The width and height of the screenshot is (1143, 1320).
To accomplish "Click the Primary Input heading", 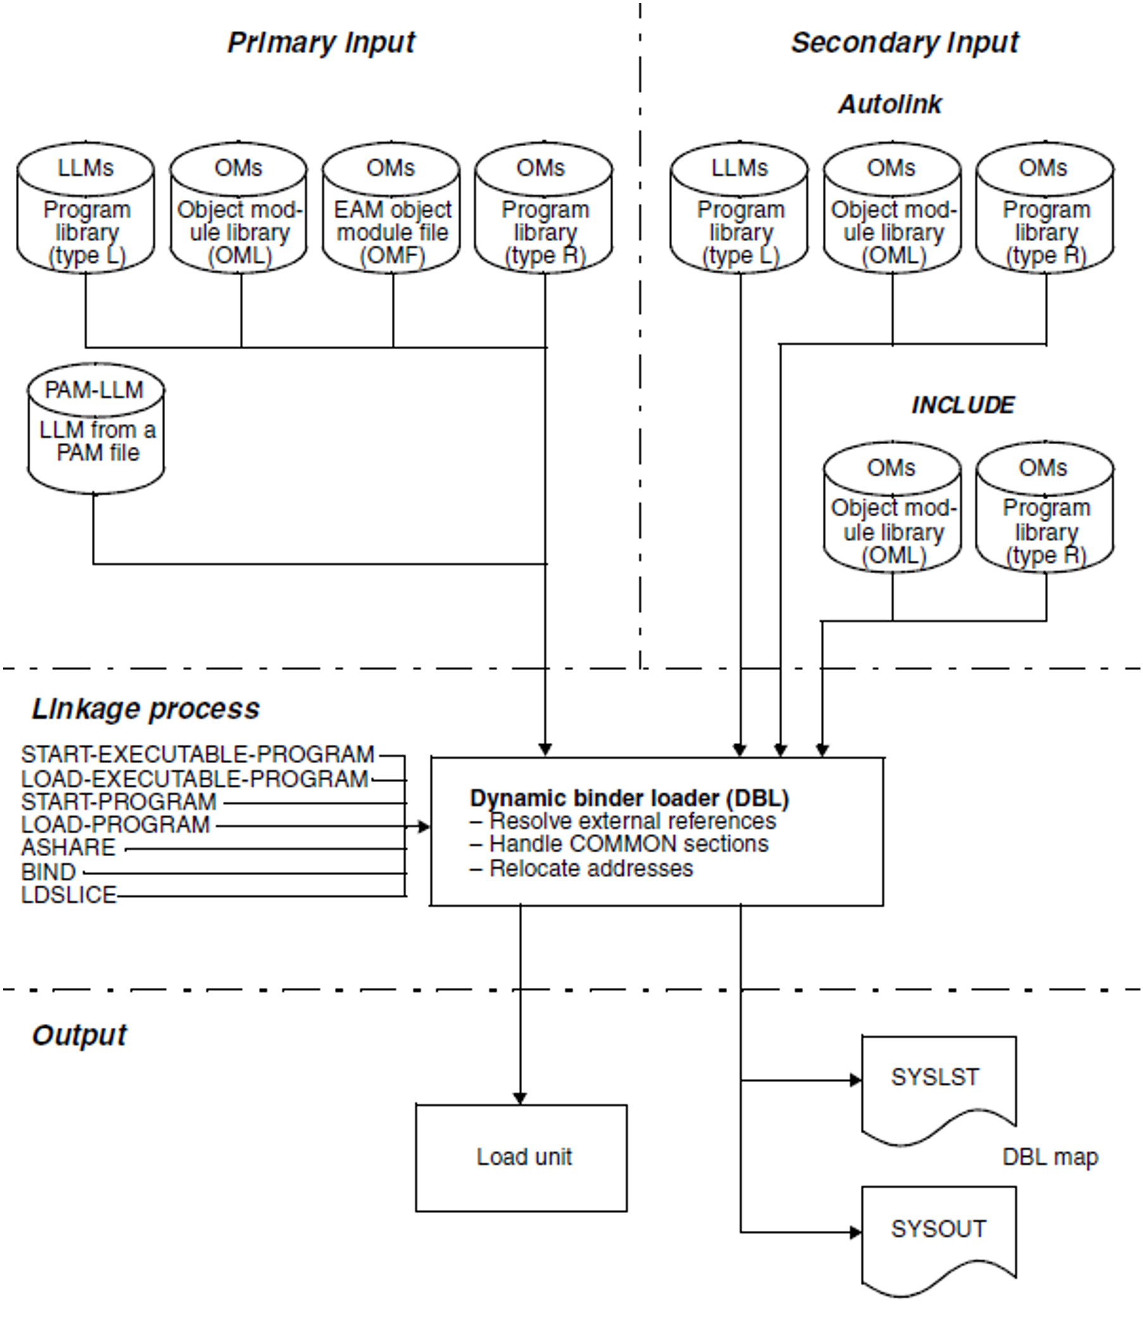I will pyautogui.click(x=321, y=44).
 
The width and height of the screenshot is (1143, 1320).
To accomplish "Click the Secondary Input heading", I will pyautogui.click(x=904, y=44).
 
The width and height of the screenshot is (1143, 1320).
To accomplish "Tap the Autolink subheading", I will pyautogui.click(x=890, y=104).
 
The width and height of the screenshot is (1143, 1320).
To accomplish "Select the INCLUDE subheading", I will pyautogui.click(x=963, y=405).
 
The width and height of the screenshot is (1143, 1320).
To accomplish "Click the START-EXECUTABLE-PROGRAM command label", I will pyautogui.click(x=197, y=755).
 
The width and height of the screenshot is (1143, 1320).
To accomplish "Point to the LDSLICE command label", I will pyautogui.click(x=69, y=895).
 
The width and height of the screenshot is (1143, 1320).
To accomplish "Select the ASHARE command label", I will pyautogui.click(x=68, y=848).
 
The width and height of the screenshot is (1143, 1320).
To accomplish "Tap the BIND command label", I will pyautogui.click(x=49, y=872).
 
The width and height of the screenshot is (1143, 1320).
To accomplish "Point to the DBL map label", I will pyautogui.click(x=1050, y=1157).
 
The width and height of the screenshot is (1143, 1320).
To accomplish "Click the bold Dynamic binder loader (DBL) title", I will pyautogui.click(x=629, y=799).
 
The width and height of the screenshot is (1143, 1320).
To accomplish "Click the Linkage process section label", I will pyautogui.click(x=146, y=709).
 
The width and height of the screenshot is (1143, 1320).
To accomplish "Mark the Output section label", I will pyautogui.click(x=80, y=1036).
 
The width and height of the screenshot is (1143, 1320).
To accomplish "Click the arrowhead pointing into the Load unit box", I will pyautogui.click(x=520, y=1098).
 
